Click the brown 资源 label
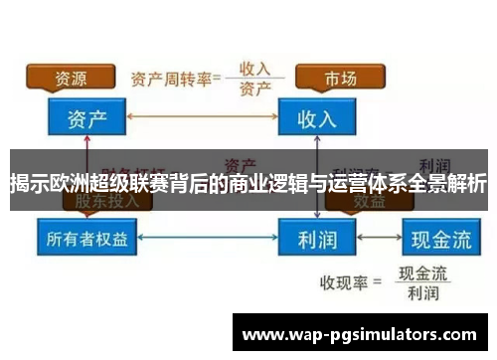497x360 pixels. point(69,78)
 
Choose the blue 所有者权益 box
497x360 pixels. point(88,240)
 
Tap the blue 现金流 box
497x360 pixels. point(436,240)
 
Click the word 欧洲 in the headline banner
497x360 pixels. point(65,183)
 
